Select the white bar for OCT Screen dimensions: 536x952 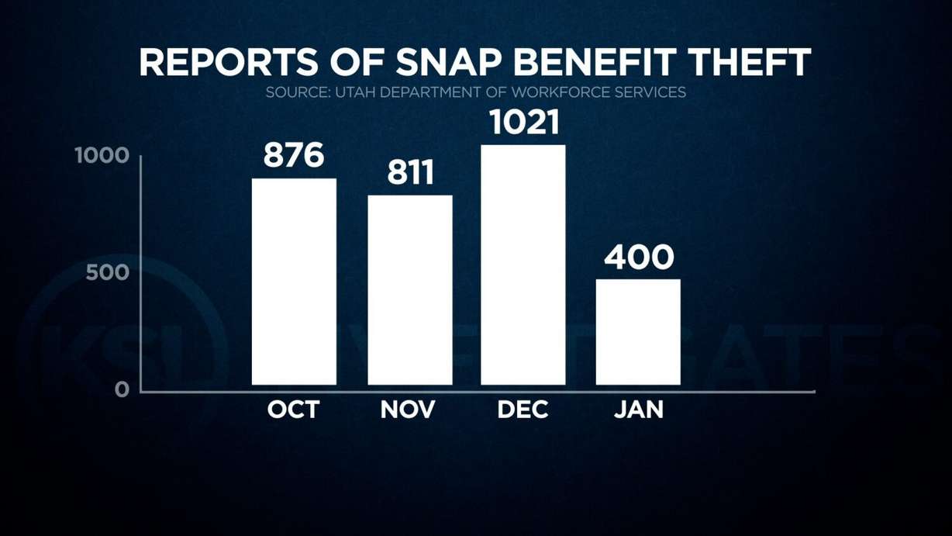(x=294, y=282)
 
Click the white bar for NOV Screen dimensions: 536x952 (x=409, y=289)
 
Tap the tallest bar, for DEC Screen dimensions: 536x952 (x=523, y=265)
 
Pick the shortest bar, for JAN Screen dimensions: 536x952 (x=638, y=331)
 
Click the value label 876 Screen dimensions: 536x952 (x=294, y=155)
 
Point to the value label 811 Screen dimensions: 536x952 (x=410, y=173)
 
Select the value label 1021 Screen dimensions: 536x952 (x=523, y=123)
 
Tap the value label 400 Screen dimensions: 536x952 (x=639, y=258)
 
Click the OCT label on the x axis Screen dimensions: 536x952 (x=293, y=410)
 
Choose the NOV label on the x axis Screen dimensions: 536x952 (x=409, y=410)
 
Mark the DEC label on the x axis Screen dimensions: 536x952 (x=523, y=410)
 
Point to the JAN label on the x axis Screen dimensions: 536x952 (x=639, y=410)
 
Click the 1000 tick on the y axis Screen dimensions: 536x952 (x=101, y=156)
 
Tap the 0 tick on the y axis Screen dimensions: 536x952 (x=122, y=389)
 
